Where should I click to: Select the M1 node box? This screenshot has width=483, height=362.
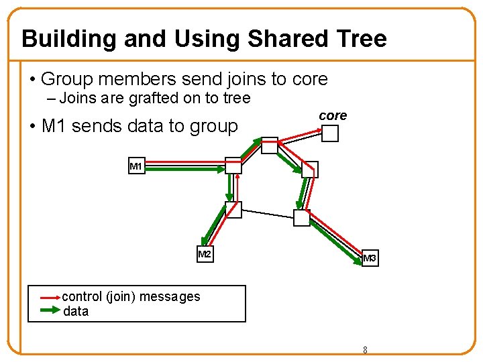136,166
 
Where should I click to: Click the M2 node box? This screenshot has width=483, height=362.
205,255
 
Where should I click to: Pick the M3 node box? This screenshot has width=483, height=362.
370,258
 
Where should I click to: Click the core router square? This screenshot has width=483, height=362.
331,133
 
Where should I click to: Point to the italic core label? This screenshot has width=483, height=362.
333,115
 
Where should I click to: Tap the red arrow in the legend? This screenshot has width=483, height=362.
50,296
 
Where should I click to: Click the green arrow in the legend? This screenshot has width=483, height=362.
50,310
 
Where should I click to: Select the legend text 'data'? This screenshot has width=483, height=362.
76,311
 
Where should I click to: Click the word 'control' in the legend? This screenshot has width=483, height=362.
82,296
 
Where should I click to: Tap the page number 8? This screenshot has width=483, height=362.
365,350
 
